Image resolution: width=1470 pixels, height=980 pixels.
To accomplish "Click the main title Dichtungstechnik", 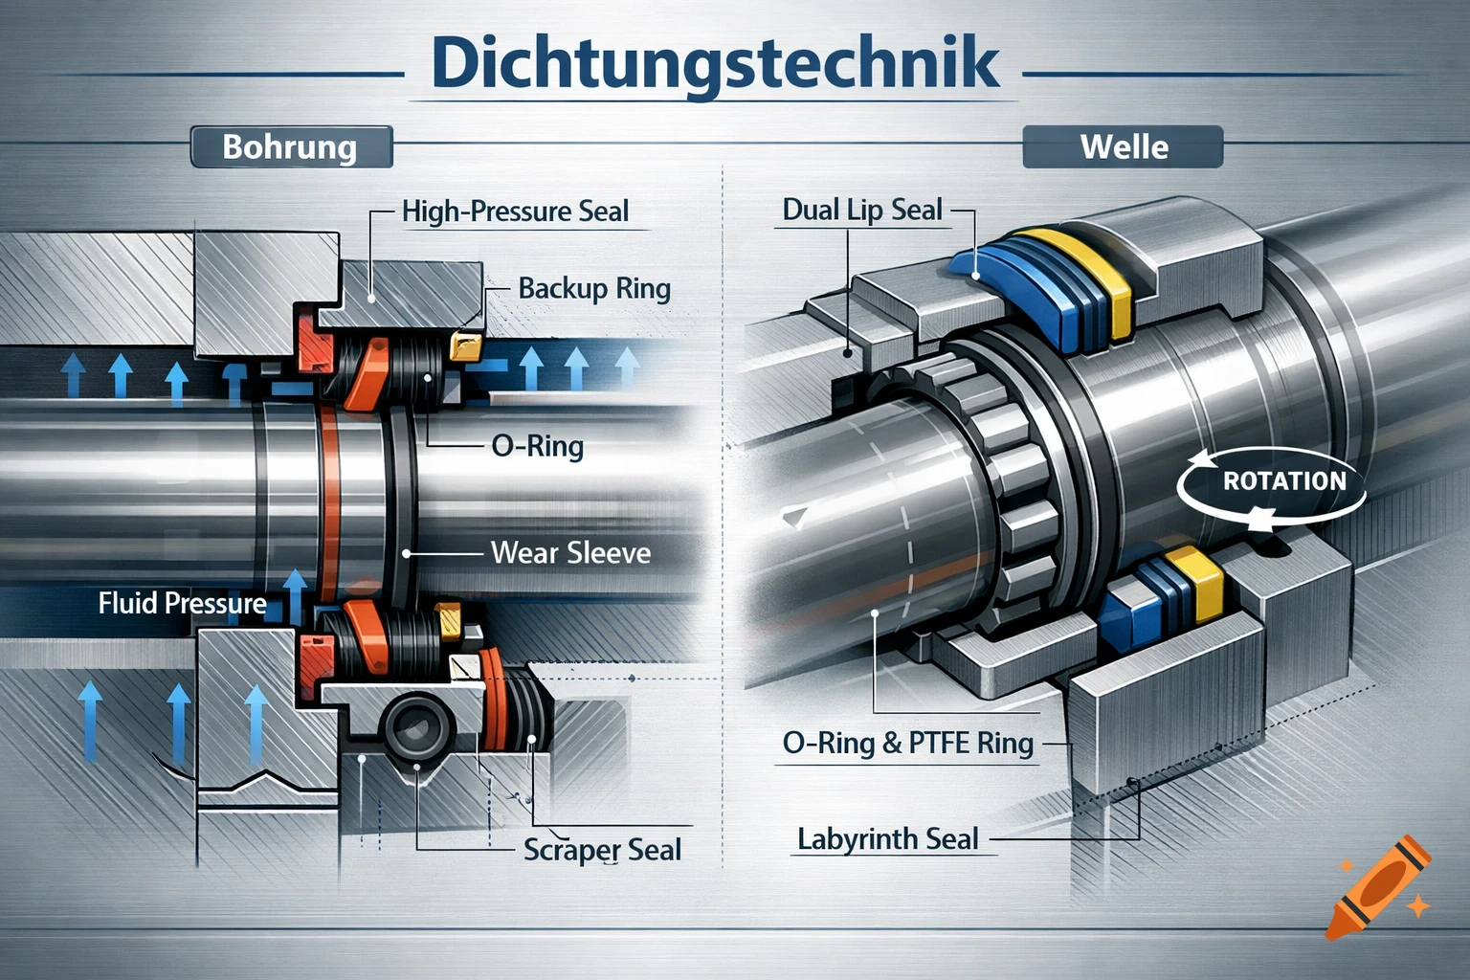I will click(x=715, y=63).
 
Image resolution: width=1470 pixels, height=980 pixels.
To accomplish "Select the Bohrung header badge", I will click(x=290, y=147).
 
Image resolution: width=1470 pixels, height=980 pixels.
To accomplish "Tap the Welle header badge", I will click(x=1123, y=147).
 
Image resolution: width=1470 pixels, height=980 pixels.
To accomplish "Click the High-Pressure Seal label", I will click(x=515, y=212).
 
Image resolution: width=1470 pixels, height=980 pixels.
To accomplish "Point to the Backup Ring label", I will click(x=593, y=288).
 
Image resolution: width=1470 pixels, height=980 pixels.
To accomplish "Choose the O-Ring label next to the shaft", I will click(x=537, y=446).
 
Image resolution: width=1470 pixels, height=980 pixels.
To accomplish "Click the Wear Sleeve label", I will click(x=570, y=553).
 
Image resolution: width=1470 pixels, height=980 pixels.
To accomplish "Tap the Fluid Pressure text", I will click(x=182, y=604).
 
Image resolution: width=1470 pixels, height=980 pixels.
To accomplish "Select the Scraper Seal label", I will click(x=602, y=850).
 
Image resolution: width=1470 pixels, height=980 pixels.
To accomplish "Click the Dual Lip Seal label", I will click(x=862, y=211).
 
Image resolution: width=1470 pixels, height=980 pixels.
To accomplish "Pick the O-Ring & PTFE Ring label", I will click(x=907, y=744).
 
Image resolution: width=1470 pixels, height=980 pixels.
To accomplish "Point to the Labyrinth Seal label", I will click(x=887, y=840).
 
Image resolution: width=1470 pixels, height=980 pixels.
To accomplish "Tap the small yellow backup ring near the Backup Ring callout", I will click(x=465, y=345).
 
